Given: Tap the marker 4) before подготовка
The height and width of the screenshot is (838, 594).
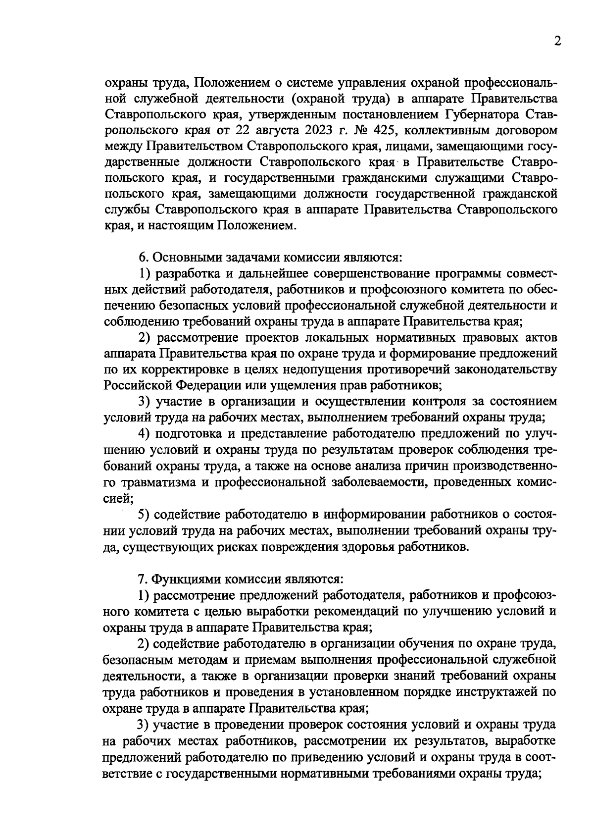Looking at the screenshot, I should point(144,434).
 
